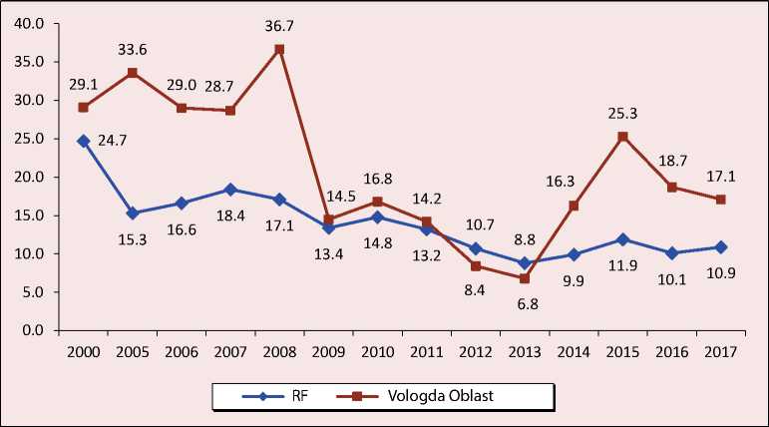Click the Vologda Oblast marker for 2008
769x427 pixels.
(279, 49)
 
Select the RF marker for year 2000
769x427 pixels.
(84, 141)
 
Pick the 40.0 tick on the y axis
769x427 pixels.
(33, 23)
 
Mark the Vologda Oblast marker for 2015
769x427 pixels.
(622, 137)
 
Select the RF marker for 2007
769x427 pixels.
(230, 190)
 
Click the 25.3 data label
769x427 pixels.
(623, 111)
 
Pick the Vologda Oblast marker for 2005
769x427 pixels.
(133, 73)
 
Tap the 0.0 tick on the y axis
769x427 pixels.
(35, 330)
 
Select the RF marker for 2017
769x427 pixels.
(720, 246)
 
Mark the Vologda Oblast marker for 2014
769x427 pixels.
(574, 206)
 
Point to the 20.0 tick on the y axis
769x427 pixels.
(33, 177)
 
